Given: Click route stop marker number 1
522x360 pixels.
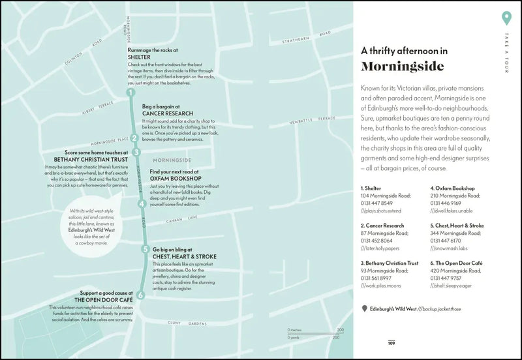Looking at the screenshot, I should pos(130,93).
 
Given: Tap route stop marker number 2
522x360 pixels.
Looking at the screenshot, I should pos(134,138).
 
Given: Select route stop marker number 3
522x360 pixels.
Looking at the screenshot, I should pos(136,152).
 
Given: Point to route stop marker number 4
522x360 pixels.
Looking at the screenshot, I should pos(142,203).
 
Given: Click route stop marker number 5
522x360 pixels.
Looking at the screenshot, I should pos(145,248).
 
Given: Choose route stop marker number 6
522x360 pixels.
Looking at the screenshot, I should pos(141,294).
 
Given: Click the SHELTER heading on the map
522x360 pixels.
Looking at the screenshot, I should pos(140,57).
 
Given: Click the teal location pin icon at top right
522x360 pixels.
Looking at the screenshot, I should pos(504,18).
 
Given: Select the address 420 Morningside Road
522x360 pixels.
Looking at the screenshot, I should pos(455,270).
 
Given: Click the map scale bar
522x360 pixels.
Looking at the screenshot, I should pos(315,333).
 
